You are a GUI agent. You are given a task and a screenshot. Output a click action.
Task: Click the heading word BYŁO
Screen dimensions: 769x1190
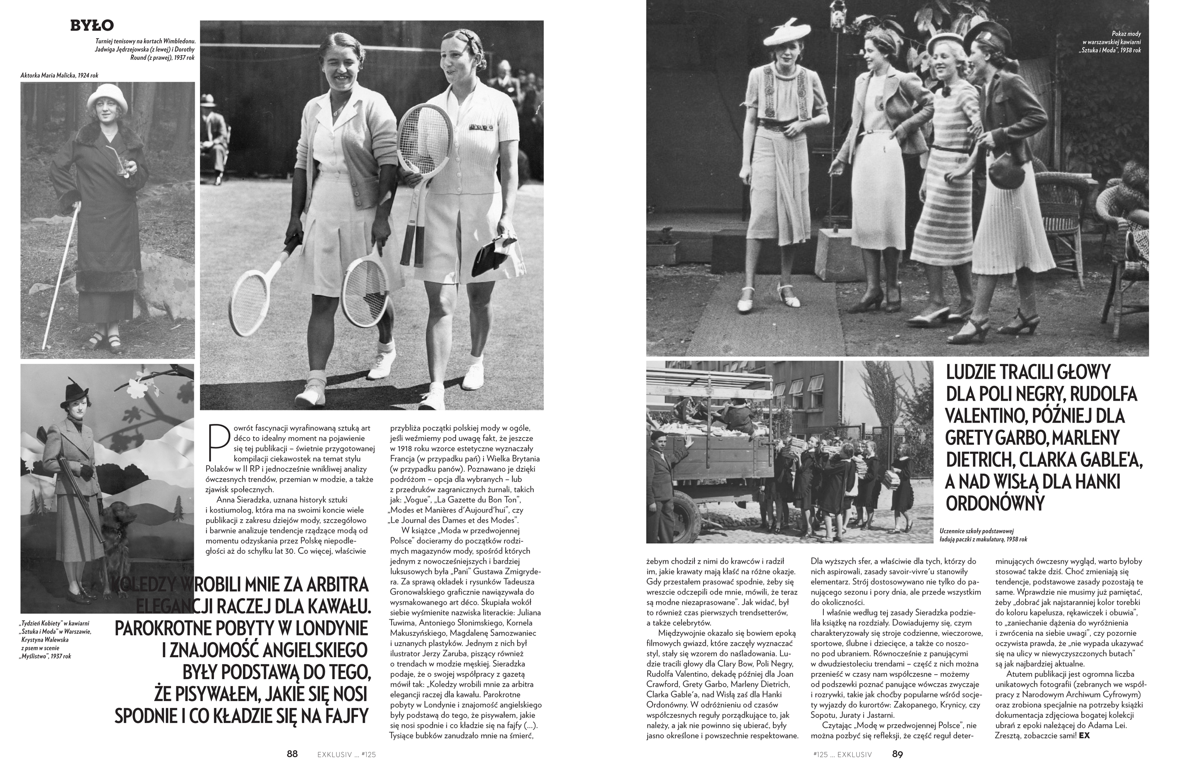pos(92,25)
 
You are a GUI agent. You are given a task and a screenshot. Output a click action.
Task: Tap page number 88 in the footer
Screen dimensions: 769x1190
pos(292,754)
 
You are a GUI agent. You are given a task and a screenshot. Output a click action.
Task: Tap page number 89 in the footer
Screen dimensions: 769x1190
pos(897,754)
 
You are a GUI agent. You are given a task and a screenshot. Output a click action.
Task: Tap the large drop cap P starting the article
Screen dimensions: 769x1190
pos(215,442)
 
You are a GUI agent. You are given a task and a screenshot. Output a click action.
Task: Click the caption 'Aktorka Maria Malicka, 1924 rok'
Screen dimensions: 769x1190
pos(60,76)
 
